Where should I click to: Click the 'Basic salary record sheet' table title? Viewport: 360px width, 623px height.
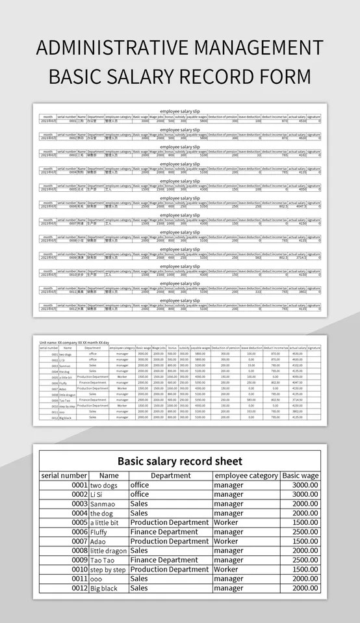[x=179, y=461]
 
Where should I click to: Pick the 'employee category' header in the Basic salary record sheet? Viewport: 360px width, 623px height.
[x=246, y=475]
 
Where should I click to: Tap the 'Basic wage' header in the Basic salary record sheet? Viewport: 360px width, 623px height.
[x=300, y=475]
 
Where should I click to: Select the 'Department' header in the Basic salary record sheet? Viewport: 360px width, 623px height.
[x=170, y=475]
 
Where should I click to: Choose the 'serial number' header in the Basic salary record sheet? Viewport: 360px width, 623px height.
[x=64, y=475]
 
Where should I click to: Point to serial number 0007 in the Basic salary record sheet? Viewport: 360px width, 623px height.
[x=79, y=541]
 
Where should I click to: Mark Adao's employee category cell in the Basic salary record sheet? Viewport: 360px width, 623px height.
[x=225, y=541]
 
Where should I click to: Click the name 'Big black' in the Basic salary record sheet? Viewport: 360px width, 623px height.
[x=104, y=588]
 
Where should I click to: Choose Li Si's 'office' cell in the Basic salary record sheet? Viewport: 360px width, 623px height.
[x=139, y=494]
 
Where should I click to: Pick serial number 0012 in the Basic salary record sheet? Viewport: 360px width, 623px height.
[x=79, y=588]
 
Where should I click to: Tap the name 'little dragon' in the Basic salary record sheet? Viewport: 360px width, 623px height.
[x=109, y=551]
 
